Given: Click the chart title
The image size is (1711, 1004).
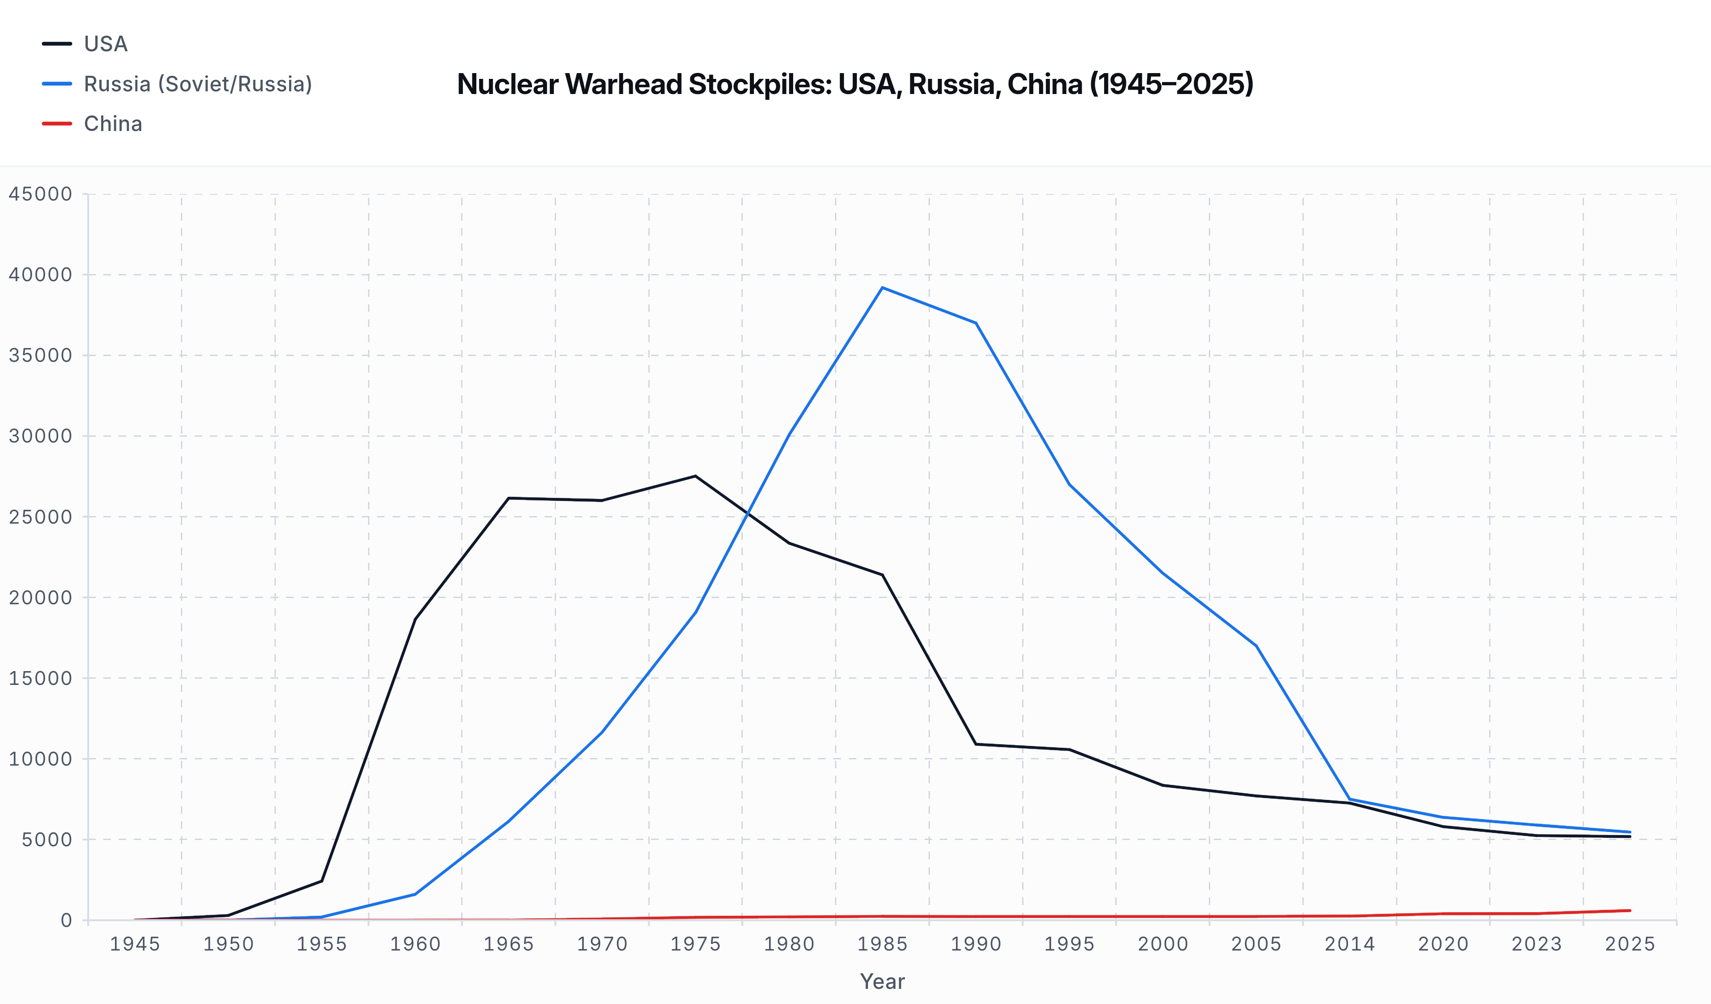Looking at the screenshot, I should coord(855,84).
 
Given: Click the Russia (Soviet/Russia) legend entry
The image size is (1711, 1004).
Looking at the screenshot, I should coord(197,84).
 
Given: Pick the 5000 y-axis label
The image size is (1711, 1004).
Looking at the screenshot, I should coord(46,840).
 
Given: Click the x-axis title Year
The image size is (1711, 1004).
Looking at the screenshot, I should coord(882,982).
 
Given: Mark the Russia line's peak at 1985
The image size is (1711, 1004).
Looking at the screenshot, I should coord(882,288).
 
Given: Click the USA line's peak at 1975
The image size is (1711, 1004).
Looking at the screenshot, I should coord(695,476).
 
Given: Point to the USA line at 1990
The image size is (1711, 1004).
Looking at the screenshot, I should coord(976,744).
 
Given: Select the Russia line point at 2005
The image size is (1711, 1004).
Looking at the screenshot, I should coord(1256,646).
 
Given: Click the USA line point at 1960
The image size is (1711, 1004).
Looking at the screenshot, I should coord(415,619).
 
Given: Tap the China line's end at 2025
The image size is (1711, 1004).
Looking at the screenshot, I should coord(1629,910).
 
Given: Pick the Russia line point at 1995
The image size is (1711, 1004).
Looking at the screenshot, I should coord(1069,485).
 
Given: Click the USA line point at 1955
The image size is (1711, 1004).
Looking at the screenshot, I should coord(322,881).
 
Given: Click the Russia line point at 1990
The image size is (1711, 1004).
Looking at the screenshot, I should coord(976,323).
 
